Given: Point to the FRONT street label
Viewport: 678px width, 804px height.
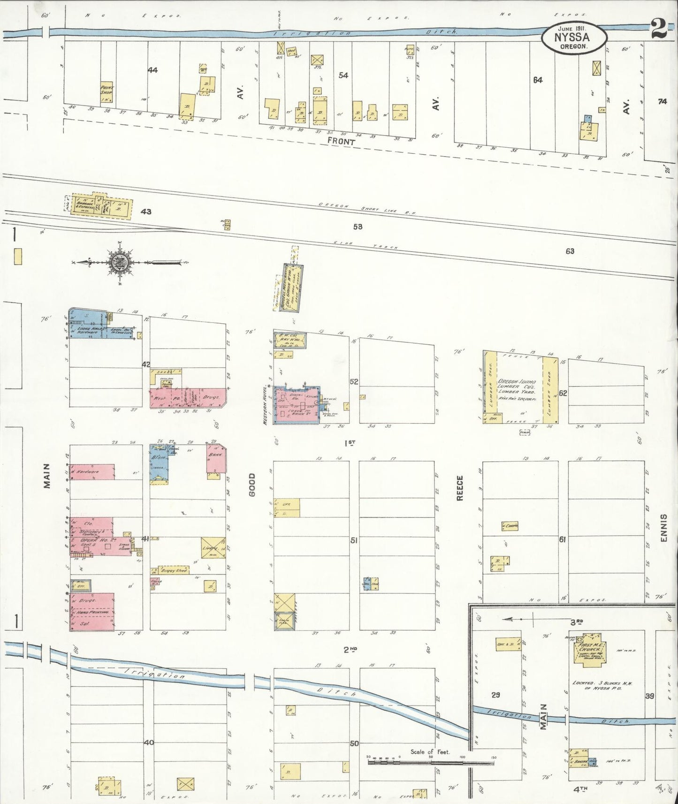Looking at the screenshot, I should point(341,141).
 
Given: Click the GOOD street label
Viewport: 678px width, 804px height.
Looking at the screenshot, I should point(252,485).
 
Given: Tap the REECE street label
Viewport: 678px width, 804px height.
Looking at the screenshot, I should point(460,488).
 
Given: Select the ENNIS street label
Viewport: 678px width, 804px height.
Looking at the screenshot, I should point(663,528).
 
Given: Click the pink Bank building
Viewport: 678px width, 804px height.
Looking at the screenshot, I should point(216,458).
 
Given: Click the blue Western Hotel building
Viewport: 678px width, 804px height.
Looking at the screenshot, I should point(297,404).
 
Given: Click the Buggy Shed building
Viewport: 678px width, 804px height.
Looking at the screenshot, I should point(174,570).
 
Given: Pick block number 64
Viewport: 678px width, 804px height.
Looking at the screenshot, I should point(538,80).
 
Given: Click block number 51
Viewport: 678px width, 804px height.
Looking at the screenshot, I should point(354,540).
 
